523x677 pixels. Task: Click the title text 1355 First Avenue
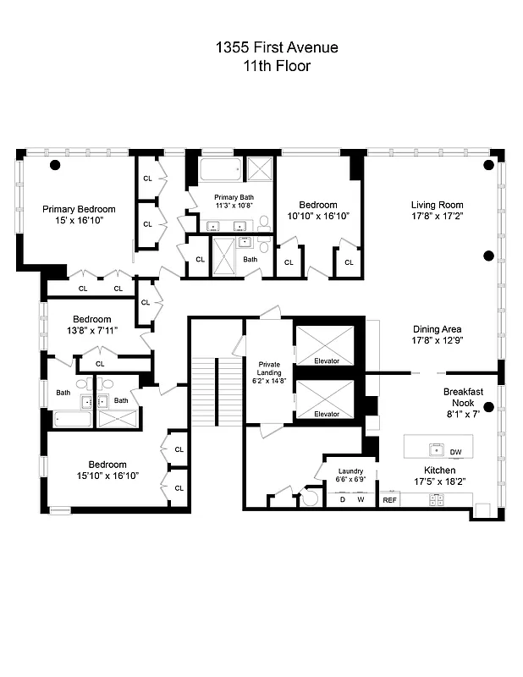pos(265,48)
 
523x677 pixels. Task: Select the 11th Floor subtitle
pos(265,66)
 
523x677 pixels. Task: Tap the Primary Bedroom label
pos(80,209)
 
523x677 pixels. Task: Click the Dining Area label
pos(438,329)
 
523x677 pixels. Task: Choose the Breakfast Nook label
pos(463,398)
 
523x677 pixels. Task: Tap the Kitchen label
pos(439,471)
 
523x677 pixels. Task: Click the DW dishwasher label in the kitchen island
pos(456,452)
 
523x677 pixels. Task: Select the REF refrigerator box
pos(389,500)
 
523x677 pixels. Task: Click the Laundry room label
pos(350,471)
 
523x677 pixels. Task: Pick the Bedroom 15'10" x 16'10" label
pos(107,470)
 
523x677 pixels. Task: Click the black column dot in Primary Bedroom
pos(55,164)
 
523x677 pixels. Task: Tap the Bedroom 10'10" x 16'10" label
pos(317,210)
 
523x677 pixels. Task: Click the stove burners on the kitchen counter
pos(436,500)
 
